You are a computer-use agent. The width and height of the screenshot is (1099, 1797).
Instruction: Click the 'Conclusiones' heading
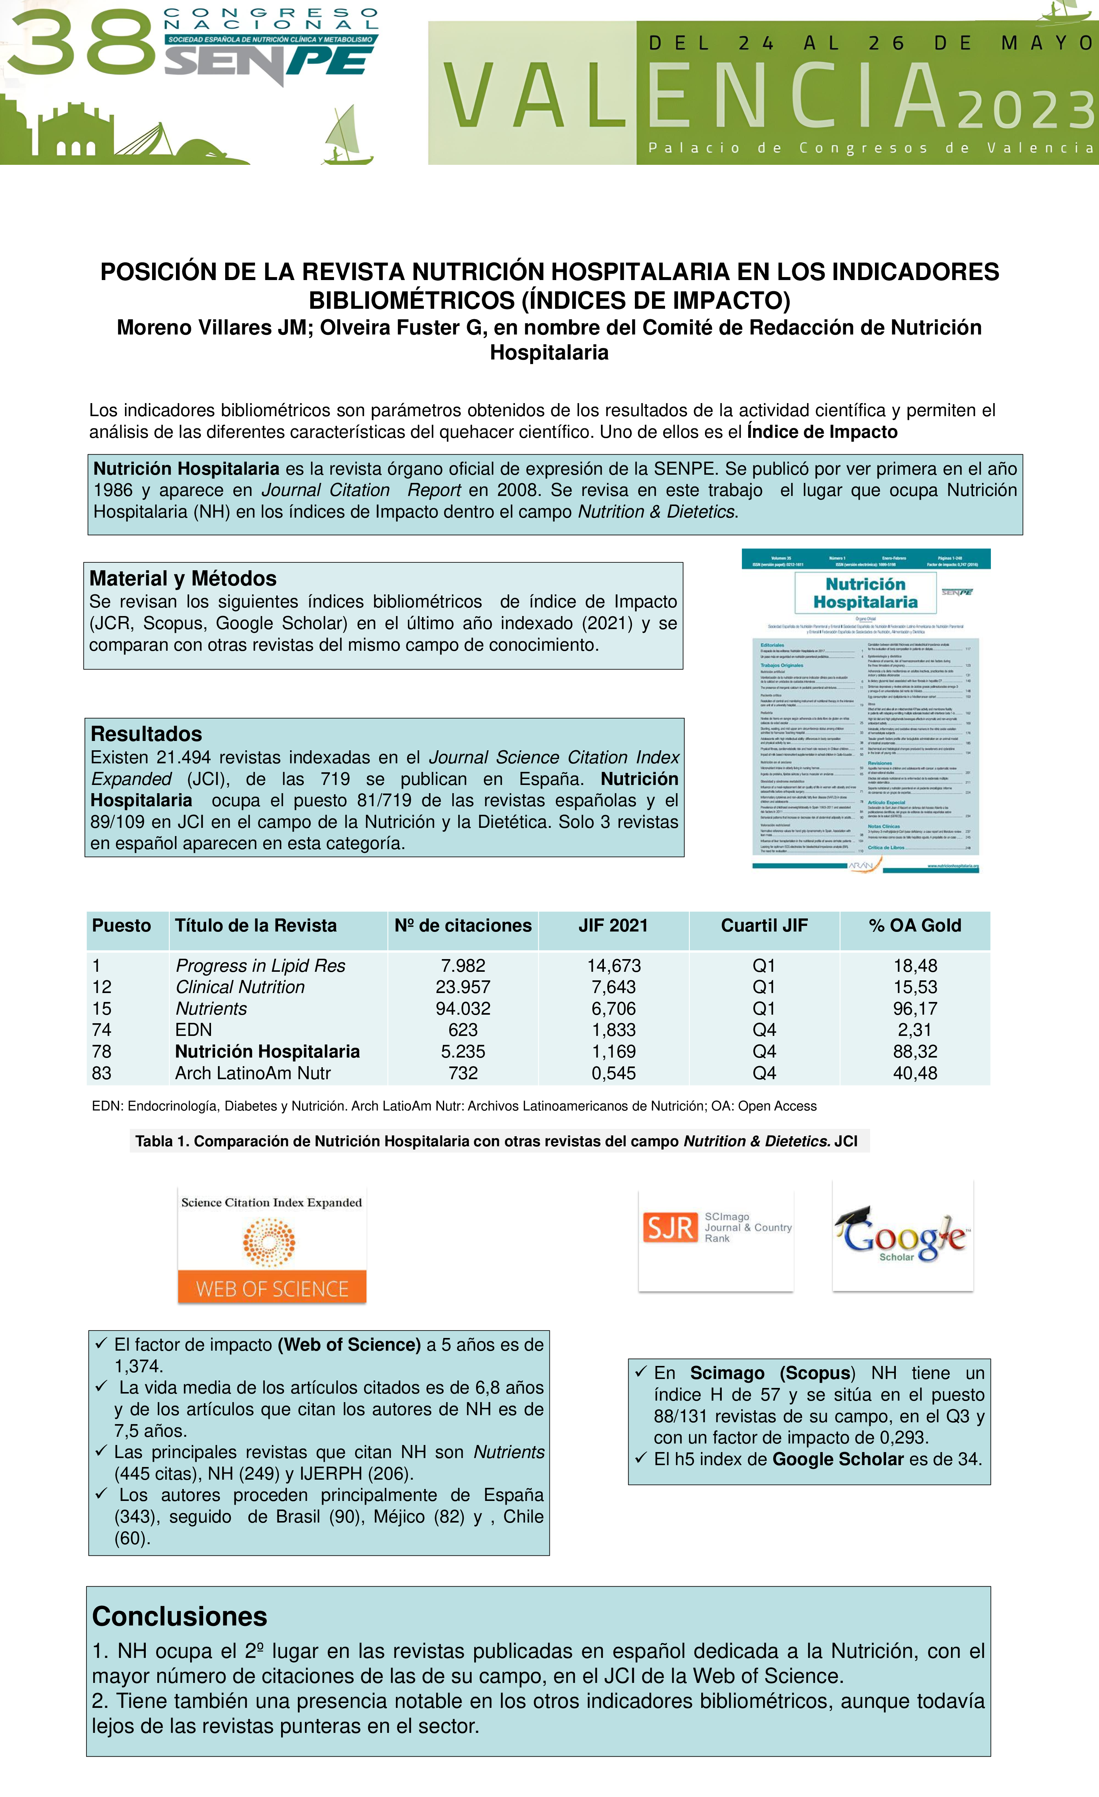tap(179, 1617)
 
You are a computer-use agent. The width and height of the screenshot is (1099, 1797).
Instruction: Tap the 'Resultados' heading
tap(146, 733)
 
